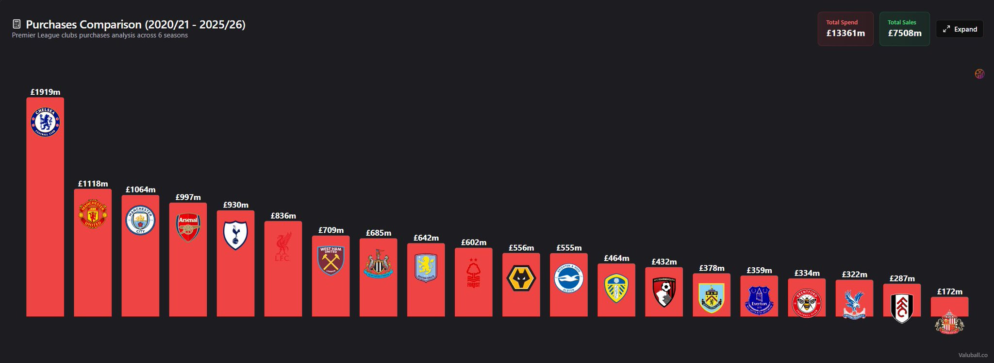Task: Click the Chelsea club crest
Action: [x=45, y=122]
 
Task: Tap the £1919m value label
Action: [x=45, y=92]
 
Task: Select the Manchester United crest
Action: [x=93, y=214]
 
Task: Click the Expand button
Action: [x=960, y=29]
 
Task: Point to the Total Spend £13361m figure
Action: [x=845, y=33]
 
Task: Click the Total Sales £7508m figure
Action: [x=905, y=33]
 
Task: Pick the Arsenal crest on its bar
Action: [x=188, y=227]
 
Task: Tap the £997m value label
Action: [x=188, y=197]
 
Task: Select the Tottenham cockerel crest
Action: [x=235, y=235]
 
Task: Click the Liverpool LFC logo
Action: [x=283, y=247]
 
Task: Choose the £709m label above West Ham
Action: [x=331, y=230]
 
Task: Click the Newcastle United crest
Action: [x=378, y=264]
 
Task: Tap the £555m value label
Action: [x=569, y=248]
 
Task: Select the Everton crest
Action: [x=759, y=300]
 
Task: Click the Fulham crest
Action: [x=902, y=308]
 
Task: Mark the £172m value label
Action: [x=949, y=292]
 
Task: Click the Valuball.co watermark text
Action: [x=973, y=355]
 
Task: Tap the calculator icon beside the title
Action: [x=17, y=24]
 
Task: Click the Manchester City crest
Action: [x=140, y=220]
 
